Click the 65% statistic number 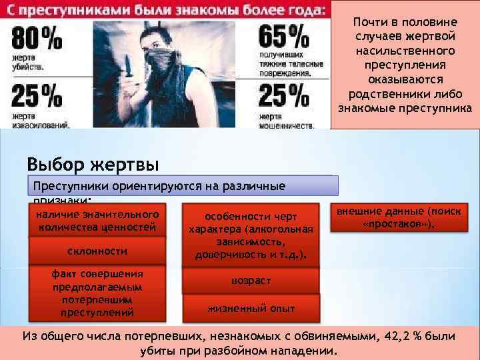click(283, 37)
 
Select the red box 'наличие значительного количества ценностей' click(97, 221)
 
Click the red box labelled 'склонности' click(97, 251)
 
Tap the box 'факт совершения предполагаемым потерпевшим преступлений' click(97, 293)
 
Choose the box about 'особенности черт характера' click(251, 236)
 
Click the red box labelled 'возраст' click(251, 281)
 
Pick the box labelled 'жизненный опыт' click(251, 308)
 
